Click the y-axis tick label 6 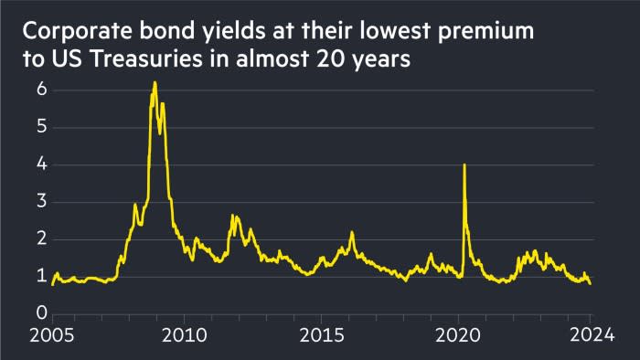point(41,90)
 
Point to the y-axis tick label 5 point(41,127)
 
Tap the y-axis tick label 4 point(41,164)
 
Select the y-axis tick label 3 point(41,202)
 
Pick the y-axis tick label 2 point(41,239)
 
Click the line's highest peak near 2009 point(155,83)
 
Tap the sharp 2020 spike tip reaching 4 point(464,164)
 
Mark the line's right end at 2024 point(590,283)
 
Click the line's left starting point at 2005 point(52,284)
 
